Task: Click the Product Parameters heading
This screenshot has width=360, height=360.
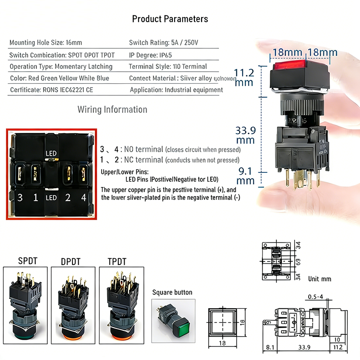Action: (x=170, y=19)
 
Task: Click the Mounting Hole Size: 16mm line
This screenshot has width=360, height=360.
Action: (x=45, y=43)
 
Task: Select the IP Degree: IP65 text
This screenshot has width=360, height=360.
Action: (x=151, y=55)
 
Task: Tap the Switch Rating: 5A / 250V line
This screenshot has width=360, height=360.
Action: (x=163, y=43)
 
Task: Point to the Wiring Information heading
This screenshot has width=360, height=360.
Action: (x=112, y=109)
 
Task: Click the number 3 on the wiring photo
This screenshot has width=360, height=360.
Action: (x=19, y=197)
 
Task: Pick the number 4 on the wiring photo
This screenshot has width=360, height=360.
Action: (x=83, y=197)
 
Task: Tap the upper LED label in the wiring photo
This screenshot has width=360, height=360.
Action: (x=51, y=153)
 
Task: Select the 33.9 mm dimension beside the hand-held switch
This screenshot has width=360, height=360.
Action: (x=246, y=135)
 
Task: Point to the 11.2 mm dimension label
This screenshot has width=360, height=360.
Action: (x=245, y=77)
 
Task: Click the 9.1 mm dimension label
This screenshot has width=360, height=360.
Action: (x=245, y=175)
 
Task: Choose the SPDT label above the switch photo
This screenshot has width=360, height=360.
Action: (x=28, y=261)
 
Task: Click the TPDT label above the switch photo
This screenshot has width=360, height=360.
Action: (x=117, y=261)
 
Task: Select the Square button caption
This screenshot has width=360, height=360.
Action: (x=172, y=292)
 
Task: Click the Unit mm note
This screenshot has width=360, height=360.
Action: (x=319, y=279)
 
